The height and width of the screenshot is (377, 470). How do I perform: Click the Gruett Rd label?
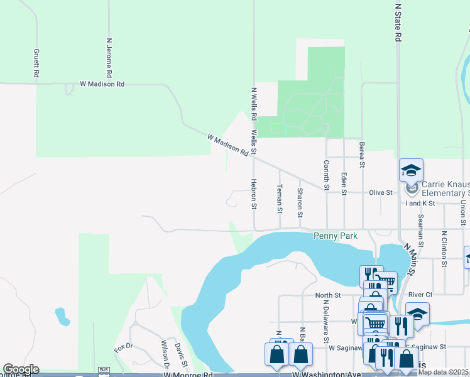click(36, 63)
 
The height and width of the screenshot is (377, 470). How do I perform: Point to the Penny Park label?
click(336, 236)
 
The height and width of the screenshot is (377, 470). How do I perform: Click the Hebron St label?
click(254, 194)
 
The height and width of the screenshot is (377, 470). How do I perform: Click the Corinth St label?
click(326, 174)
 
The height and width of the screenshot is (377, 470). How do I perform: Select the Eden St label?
click(344, 183)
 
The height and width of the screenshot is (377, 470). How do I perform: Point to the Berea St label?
click(362, 155)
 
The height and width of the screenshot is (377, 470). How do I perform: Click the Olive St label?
click(380, 193)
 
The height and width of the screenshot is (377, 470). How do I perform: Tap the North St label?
click(327, 295)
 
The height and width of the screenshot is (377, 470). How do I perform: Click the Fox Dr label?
click(124, 347)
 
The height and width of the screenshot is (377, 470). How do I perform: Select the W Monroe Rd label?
click(188, 374)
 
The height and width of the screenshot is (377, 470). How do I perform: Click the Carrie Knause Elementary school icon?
click(411, 170)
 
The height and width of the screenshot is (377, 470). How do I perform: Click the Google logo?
click(21, 369)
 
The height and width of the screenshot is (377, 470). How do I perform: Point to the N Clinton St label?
click(444, 249)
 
